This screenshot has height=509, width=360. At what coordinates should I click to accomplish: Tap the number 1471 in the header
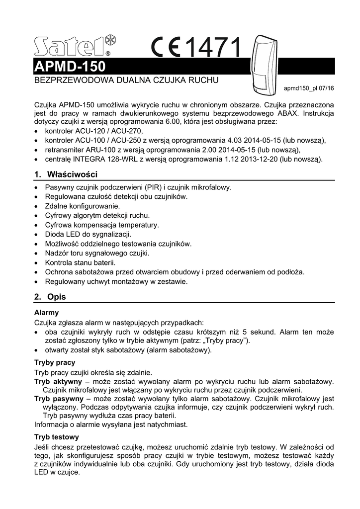point(214,48)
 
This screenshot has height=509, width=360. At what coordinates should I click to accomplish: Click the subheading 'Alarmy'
point(46,313)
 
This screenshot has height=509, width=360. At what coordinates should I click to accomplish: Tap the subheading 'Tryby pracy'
point(55,362)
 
